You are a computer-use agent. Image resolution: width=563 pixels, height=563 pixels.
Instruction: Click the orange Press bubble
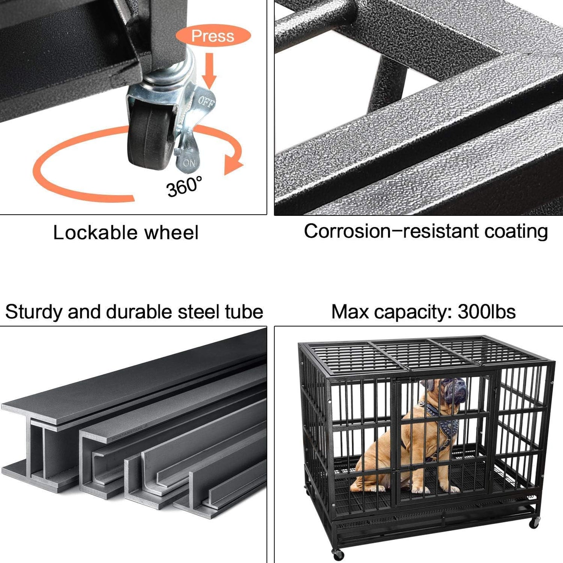coord(213,36)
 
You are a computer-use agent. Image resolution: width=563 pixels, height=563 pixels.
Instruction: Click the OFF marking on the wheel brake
coord(205,102)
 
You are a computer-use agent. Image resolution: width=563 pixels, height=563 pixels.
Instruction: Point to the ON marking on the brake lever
coord(189,162)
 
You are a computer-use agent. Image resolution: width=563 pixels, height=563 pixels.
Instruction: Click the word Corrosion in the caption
coord(347,231)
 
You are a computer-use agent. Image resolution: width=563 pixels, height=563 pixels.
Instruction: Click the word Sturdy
coord(34,312)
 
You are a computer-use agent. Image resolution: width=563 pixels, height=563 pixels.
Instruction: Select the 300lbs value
coord(487,312)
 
